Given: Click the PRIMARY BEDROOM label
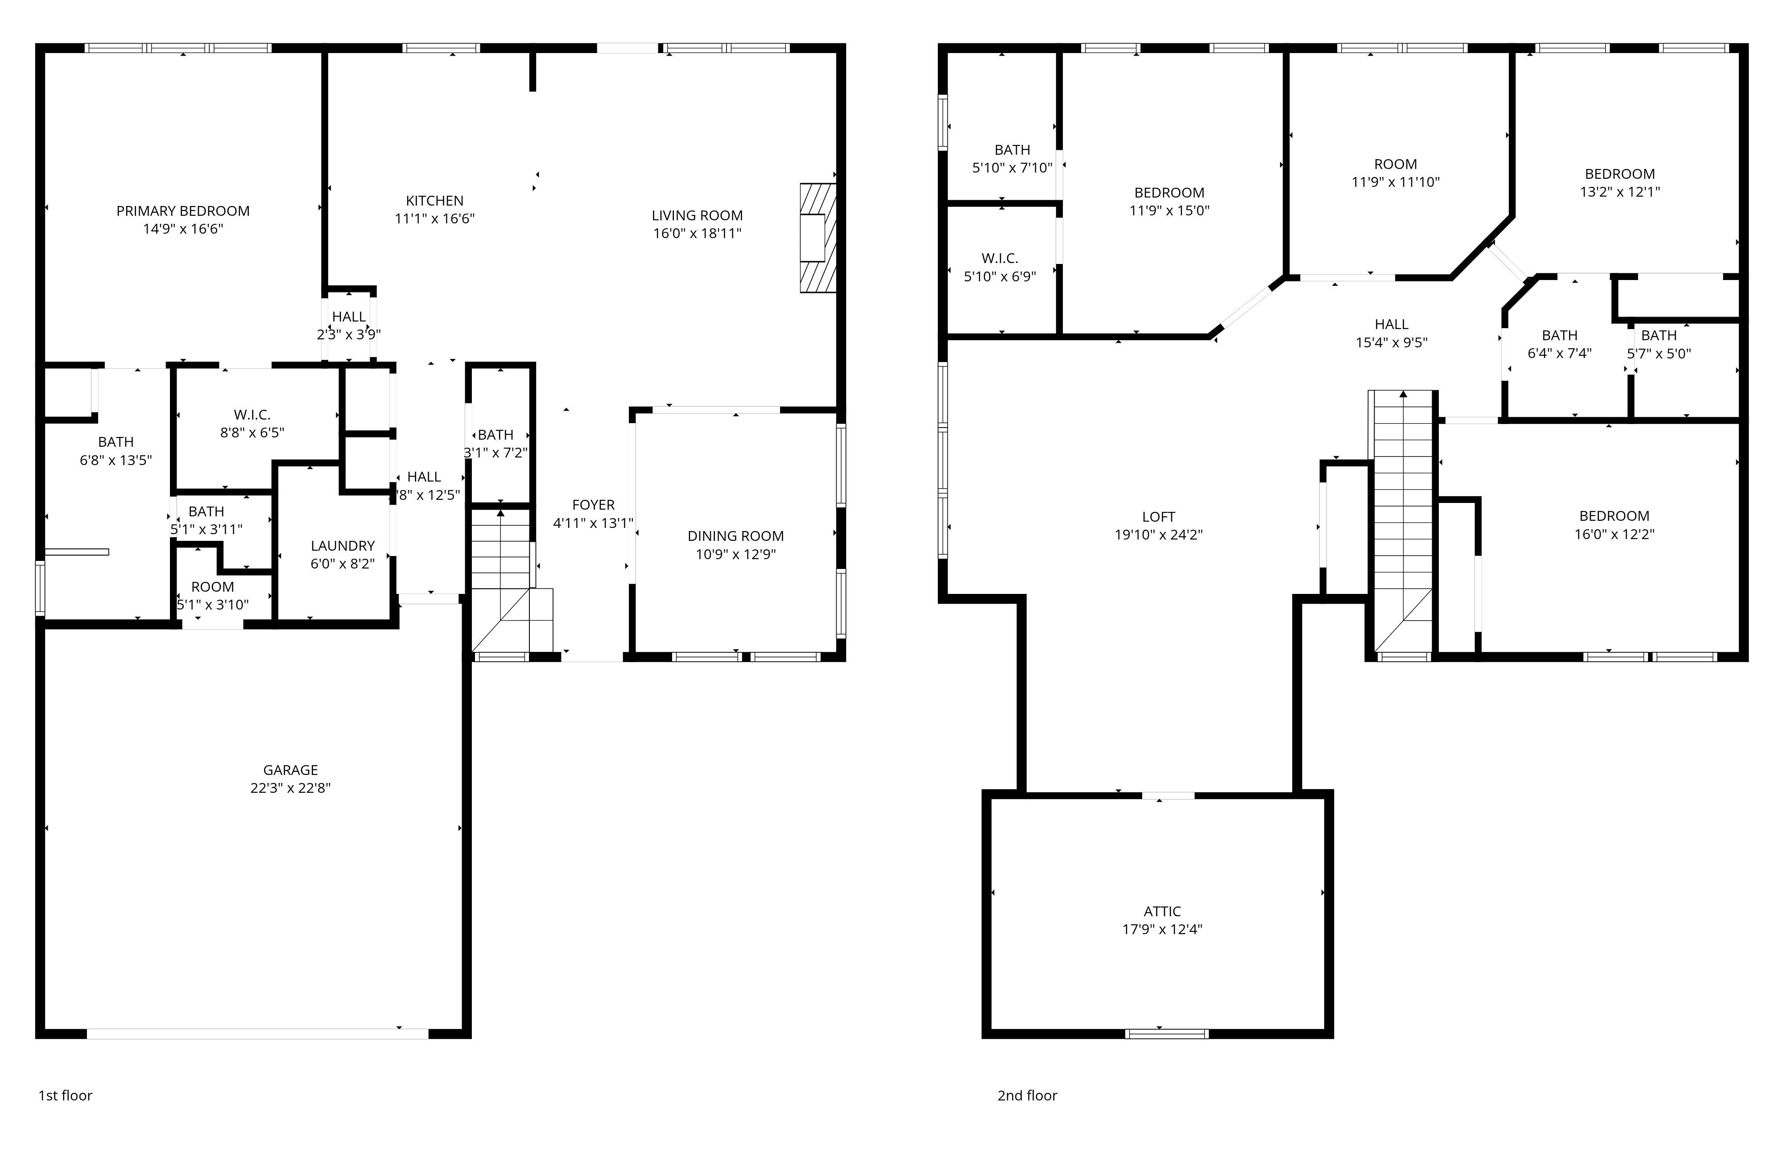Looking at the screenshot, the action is tap(183, 211).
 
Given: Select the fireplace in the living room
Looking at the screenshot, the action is tap(818, 238).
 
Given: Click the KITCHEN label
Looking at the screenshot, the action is tap(435, 201).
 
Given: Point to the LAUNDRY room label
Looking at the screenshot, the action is tap(343, 546).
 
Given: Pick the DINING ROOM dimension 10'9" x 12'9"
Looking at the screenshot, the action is tap(735, 554).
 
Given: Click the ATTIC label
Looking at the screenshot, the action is tap(1162, 911).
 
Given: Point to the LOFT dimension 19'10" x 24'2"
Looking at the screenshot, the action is tap(1158, 535).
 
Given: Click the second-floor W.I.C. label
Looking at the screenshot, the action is tap(1000, 259).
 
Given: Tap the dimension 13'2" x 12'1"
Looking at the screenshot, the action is tap(1620, 191).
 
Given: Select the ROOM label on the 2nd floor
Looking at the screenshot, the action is tap(1395, 164).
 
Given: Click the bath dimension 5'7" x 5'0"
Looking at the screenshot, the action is tap(1659, 354).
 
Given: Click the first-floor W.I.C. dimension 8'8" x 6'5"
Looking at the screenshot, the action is tap(252, 433).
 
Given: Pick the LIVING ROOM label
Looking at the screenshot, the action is tap(697, 216).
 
